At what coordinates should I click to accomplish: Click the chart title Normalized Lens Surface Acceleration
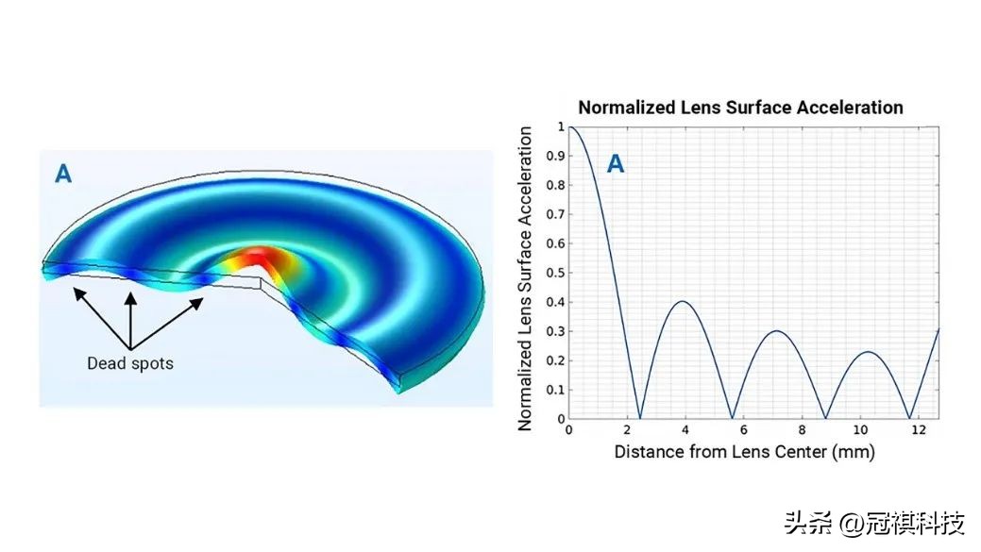click(x=740, y=108)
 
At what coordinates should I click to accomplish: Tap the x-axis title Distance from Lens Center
click(x=744, y=452)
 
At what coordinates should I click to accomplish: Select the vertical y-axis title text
click(x=527, y=278)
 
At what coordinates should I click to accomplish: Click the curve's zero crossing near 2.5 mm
click(x=640, y=418)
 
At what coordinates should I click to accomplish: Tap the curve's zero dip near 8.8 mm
click(x=826, y=418)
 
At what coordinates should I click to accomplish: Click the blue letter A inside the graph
click(x=615, y=165)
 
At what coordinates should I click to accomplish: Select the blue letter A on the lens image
click(x=63, y=175)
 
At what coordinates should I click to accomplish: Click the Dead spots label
click(x=130, y=363)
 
